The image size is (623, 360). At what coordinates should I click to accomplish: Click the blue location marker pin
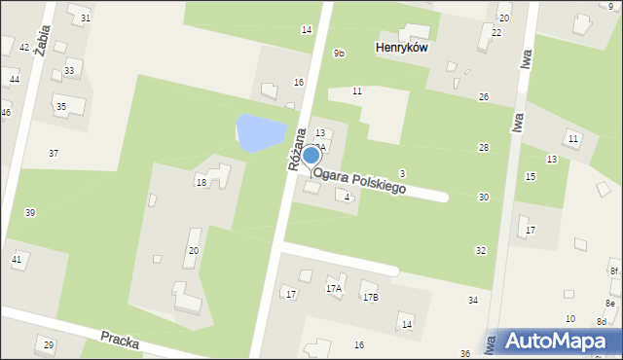tap(311, 156)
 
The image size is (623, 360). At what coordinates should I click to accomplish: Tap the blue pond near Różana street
tap(261, 132)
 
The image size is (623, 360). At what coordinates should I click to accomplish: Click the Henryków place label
tap(402, 47)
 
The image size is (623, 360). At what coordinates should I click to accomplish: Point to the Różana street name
tap(298, 149)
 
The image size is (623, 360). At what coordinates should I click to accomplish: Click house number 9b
tap(338, 53)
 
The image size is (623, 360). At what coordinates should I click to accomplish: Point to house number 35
tap(60, 106)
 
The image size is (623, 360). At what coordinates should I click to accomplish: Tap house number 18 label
tap(202, 182)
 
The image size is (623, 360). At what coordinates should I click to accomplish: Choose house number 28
tap(483, 147)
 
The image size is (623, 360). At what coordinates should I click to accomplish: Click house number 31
tap(86, 18)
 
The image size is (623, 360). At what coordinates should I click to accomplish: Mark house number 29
tap(49, 345)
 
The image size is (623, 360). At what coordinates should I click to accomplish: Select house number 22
tap(496, 32)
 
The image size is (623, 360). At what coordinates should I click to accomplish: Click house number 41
tap(17, 259)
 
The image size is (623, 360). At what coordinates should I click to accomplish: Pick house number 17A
tap(334, 289)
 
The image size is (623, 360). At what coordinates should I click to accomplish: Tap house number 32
tap(480, 251)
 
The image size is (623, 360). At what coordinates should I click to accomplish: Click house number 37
tap(54, 153)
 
